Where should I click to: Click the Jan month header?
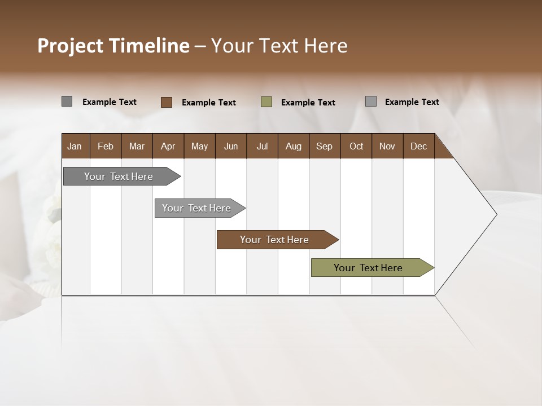pos(75,146)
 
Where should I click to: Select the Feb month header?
pos(106,146)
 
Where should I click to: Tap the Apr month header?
pos(168,146)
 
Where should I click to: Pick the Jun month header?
pos(231,146)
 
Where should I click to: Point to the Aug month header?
pos(293,146)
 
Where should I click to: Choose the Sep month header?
pos(324,146)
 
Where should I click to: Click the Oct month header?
pos(356,146)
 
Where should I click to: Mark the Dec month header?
pos(418,146)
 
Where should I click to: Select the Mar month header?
pos(137,146)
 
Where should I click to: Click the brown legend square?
pos(167,102)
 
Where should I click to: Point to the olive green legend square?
pos(266,102)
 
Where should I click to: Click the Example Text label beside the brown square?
pos(209,103)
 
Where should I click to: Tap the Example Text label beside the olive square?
pos(308,103)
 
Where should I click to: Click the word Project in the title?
pos(71,46)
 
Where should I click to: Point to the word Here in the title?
pos(326,46)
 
